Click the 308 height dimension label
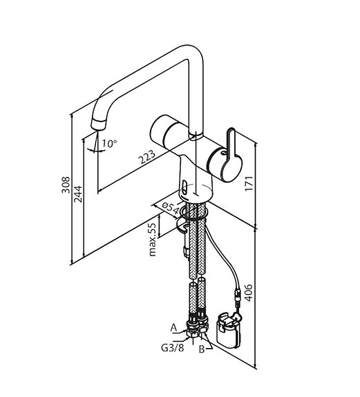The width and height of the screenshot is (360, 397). pyautogui.click(x=66, y=185)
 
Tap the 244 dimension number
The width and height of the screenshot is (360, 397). pyautogui.click(x=78, y=194)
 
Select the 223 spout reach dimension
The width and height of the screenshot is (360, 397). pyautogui.click(x=146, y=157)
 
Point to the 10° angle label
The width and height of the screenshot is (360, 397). pyautogui.click(x=109, y=144)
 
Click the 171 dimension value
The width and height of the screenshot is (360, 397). pyautogui.click(x=249, y=184)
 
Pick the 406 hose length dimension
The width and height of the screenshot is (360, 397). pyautogui.click(x=249, y=293)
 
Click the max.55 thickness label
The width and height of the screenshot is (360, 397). pyautogui.click(x=152, y=240)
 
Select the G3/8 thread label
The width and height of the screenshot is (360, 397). pyautogui.click(x=173, y=347)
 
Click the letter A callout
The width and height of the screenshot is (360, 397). pyautogui.click(x=173, y=328)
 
